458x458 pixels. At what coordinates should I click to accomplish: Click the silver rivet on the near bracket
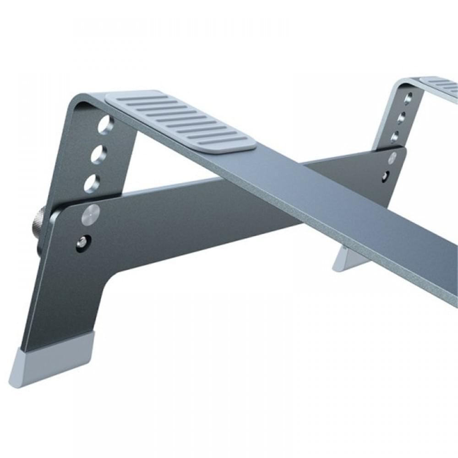90,214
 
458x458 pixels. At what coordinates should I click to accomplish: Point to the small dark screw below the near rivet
82,241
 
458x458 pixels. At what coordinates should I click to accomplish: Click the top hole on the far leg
408,98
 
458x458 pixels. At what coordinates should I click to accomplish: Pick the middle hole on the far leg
401,118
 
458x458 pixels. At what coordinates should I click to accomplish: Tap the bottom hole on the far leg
395,136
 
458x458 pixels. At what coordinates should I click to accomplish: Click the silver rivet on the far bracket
392,158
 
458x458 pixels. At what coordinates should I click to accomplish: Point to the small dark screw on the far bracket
387,174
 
